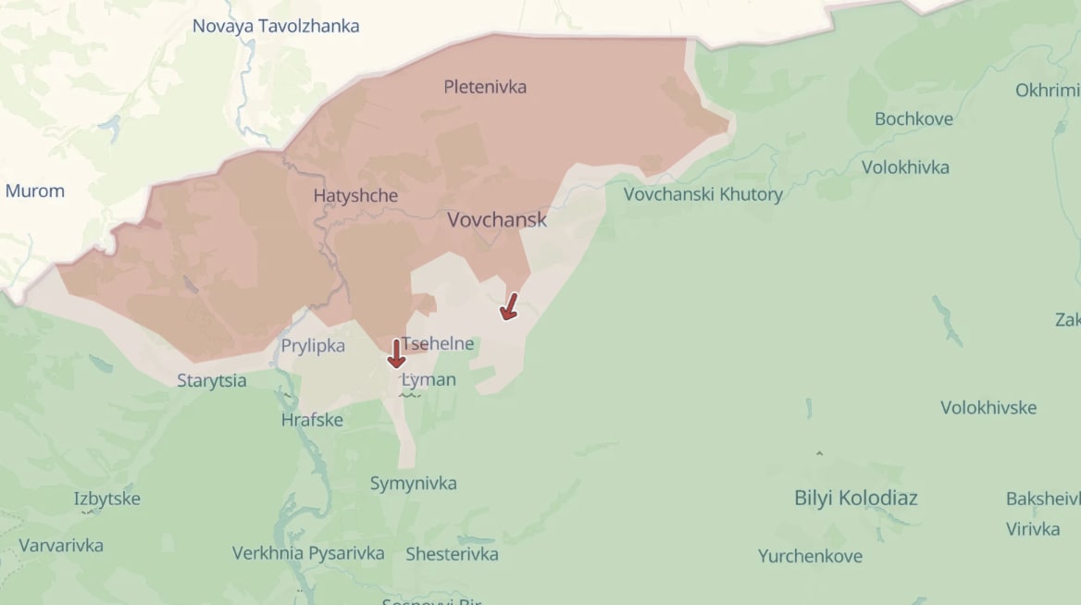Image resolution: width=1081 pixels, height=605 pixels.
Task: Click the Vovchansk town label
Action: point(497,220)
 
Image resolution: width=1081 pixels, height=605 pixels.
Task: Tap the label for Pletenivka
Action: point(485,87)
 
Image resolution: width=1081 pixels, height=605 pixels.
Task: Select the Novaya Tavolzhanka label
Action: point(276,26)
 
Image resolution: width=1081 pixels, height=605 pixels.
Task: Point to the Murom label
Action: point(35,191)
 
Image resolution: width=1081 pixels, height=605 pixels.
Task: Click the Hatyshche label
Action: point(355,196)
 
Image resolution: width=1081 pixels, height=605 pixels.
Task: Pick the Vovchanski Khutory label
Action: point(702,194)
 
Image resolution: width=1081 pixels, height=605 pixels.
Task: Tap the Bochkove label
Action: point(913,119)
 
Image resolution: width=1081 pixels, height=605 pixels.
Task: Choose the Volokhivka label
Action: point(905,167)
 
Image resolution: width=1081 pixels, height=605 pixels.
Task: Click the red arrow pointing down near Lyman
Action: point(396,353)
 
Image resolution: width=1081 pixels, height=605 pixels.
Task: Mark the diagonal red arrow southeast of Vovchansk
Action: point(508,306)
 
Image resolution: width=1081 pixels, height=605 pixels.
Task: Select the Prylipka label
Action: point(313,346)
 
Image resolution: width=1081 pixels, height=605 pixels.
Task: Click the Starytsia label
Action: point(212,381)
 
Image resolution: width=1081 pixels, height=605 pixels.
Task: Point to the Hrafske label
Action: point(312,420)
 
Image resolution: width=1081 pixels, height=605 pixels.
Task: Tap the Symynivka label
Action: point(413,483)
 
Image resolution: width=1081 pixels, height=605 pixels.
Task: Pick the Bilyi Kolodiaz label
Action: point(856,498)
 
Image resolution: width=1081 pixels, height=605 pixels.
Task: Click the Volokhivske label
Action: point(988,408)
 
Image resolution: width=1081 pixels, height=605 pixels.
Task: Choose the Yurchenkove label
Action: point(810,556)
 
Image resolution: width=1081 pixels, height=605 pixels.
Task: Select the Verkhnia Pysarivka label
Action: point(308,553)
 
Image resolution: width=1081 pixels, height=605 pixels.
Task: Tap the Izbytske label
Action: point(107,499)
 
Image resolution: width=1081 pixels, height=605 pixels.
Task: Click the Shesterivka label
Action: point(452,554)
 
